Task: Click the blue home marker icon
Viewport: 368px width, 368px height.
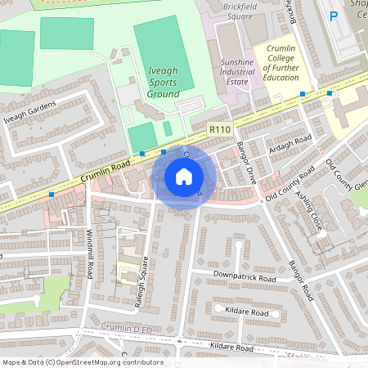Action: click(184, 177)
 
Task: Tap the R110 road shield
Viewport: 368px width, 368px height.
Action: click(218, 129)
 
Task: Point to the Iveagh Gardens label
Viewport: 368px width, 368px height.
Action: click(29, 115)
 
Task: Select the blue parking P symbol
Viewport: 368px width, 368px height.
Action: click(333, 16)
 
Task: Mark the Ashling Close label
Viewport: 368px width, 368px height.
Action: click(310, 209)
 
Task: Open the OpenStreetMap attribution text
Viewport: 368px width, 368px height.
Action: click(82, 362)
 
